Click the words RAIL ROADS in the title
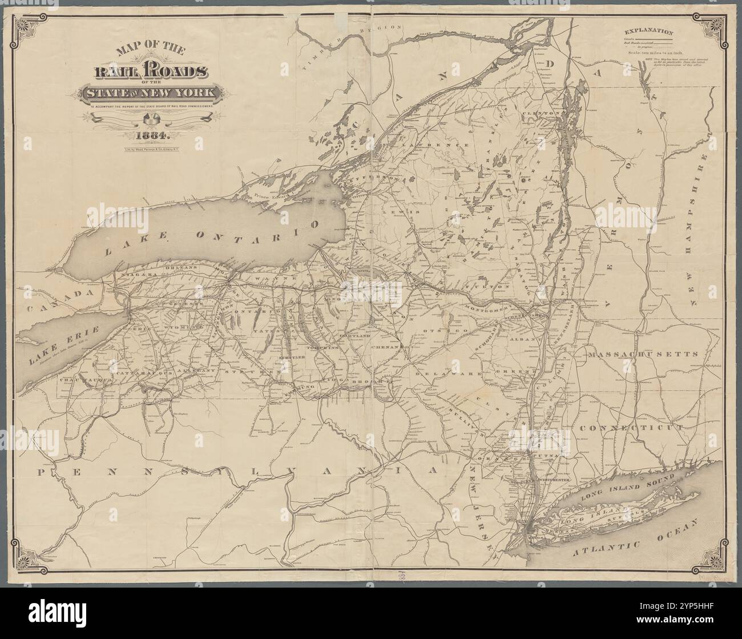tap(151, 73)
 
